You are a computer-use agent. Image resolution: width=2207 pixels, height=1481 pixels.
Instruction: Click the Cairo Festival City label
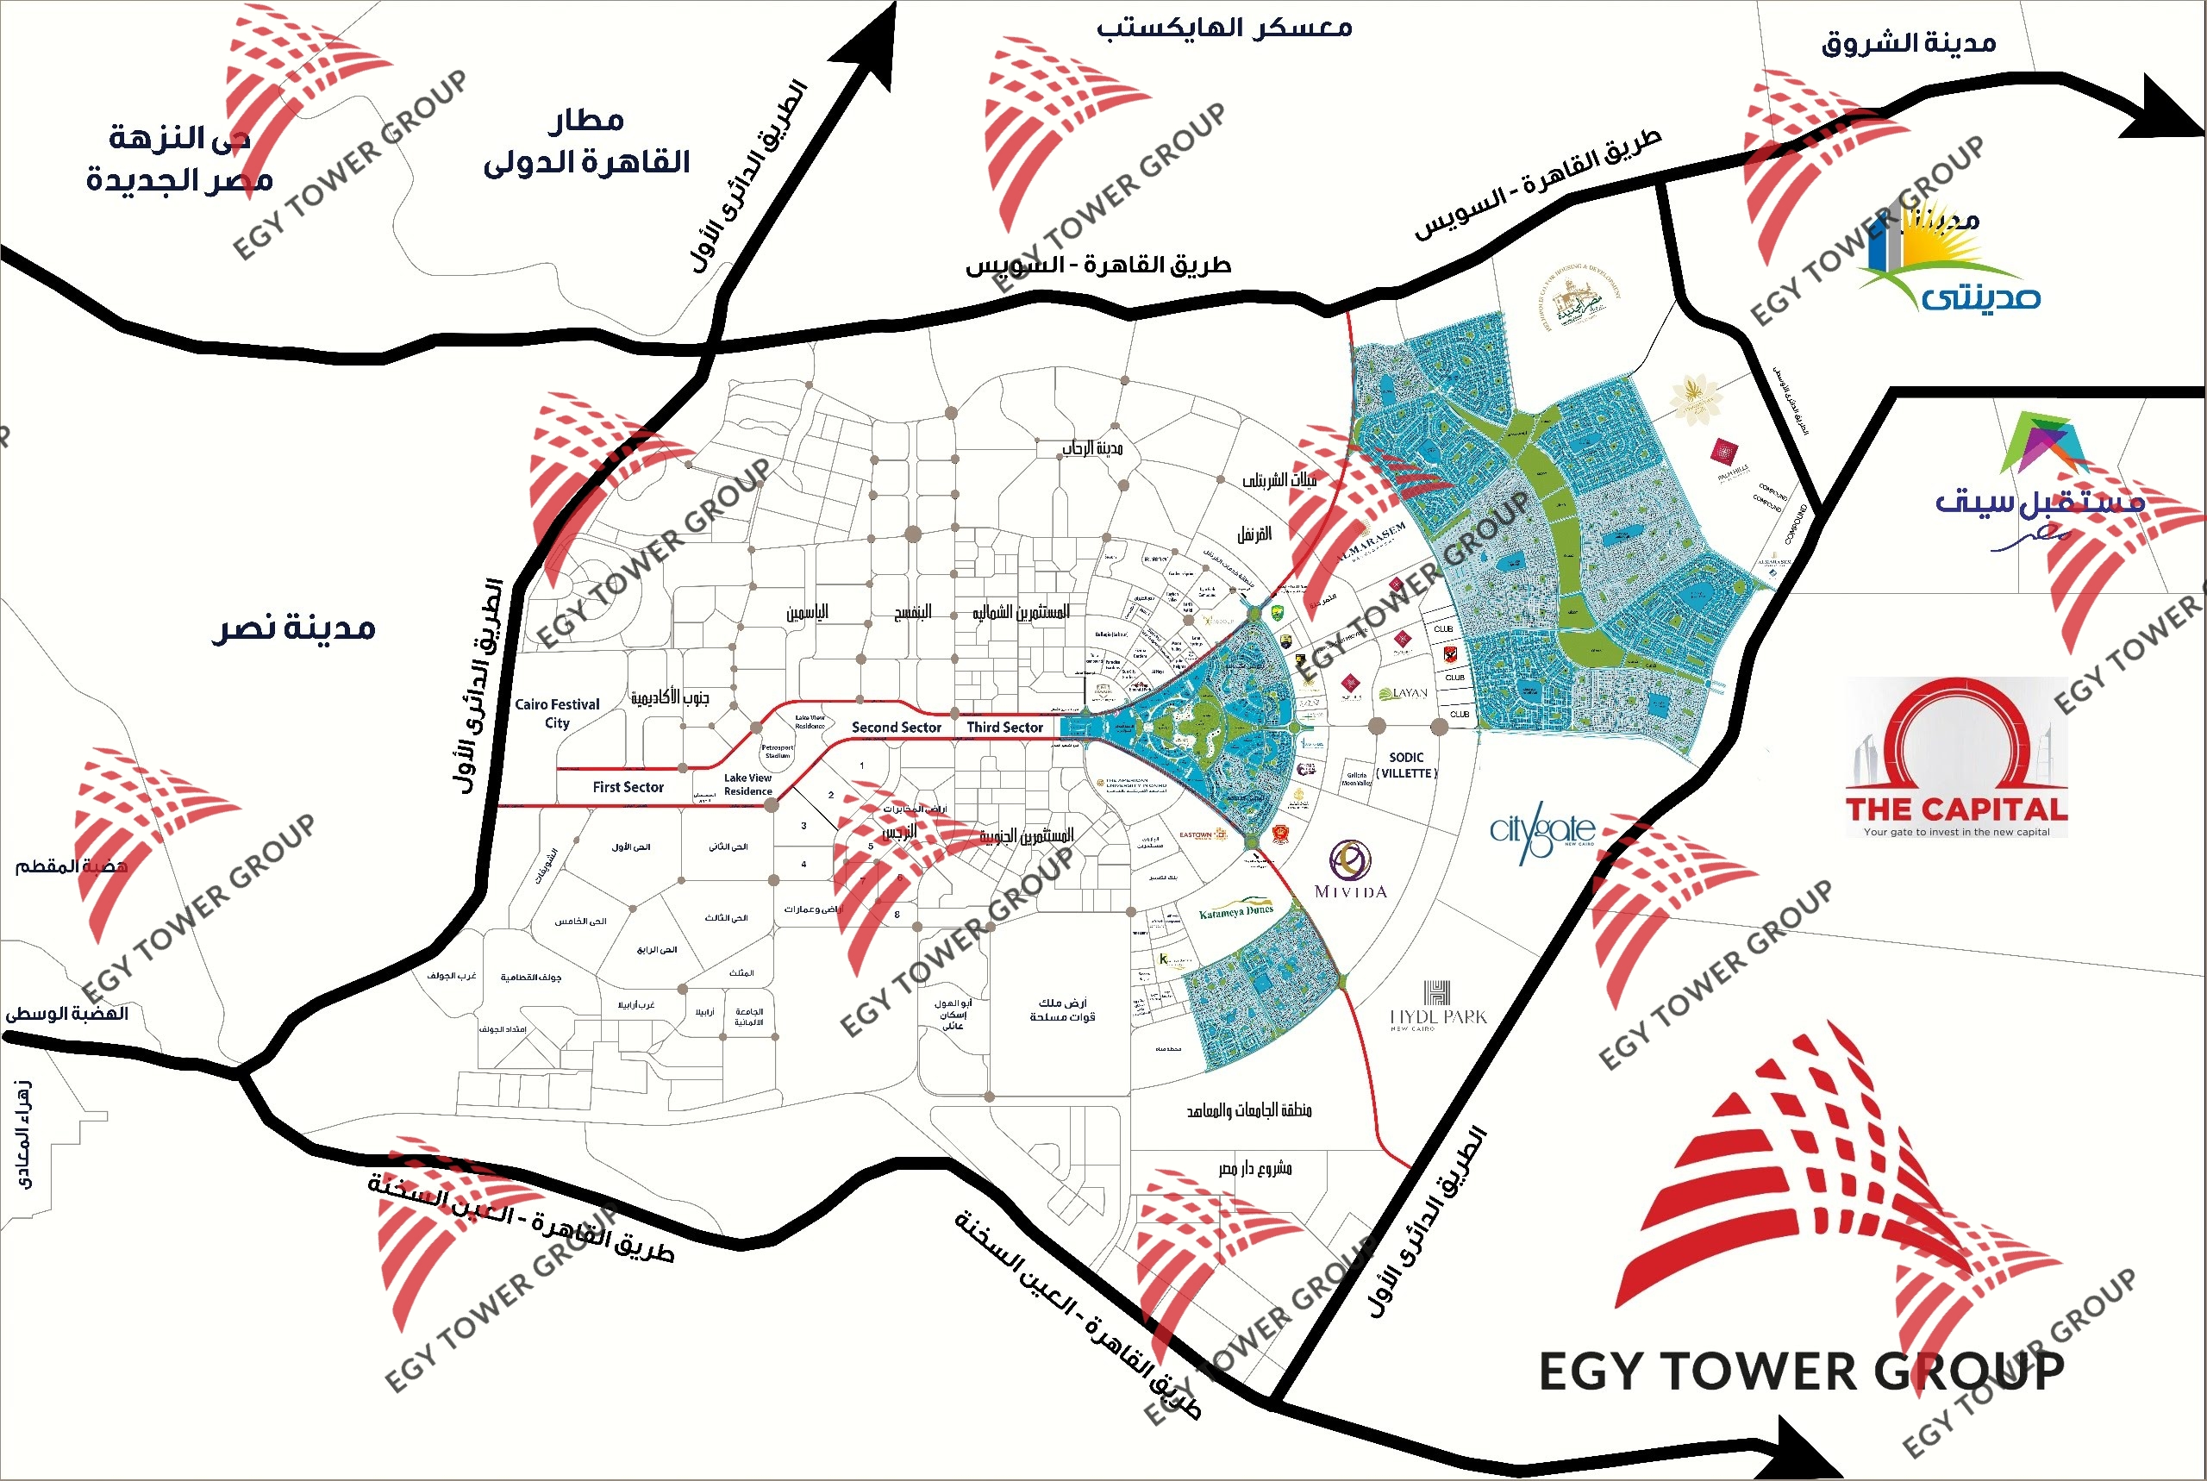click(x=557, y=713)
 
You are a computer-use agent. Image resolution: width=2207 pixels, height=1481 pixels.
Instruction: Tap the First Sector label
click(x=628, y=787)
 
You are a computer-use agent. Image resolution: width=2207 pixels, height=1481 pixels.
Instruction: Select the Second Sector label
click(x=897, y=728)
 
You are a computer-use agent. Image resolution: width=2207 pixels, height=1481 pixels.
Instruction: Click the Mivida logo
click(x=1350, y=869)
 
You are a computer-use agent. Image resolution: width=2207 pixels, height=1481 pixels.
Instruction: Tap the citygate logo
click(x=1541, y=831)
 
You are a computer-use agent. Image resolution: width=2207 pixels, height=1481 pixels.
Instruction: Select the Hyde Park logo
click(x=1437, y=1007)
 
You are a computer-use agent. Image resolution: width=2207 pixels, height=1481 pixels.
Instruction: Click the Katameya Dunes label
click(x=1235, y=912)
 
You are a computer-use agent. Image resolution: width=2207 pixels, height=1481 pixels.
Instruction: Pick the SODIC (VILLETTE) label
click(x=1406, y=765)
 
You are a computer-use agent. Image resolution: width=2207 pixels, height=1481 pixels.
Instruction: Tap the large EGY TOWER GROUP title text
click(x=1802, y=1372)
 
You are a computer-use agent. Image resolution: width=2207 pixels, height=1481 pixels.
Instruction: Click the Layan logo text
click(x=1404, y=692)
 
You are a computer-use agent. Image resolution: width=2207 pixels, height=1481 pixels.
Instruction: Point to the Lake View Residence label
click(x=748, y=784)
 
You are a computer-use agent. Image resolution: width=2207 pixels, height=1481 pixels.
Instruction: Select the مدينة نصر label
click(x=294, y=628)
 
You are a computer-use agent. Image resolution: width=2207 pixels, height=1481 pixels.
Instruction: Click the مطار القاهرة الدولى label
click(x=586, y=141)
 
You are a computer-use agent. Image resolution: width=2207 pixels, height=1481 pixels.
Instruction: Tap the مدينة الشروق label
click(x=1909, y=43)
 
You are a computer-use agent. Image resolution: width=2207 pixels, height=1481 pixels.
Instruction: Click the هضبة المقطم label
click(x=71, y=866)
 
